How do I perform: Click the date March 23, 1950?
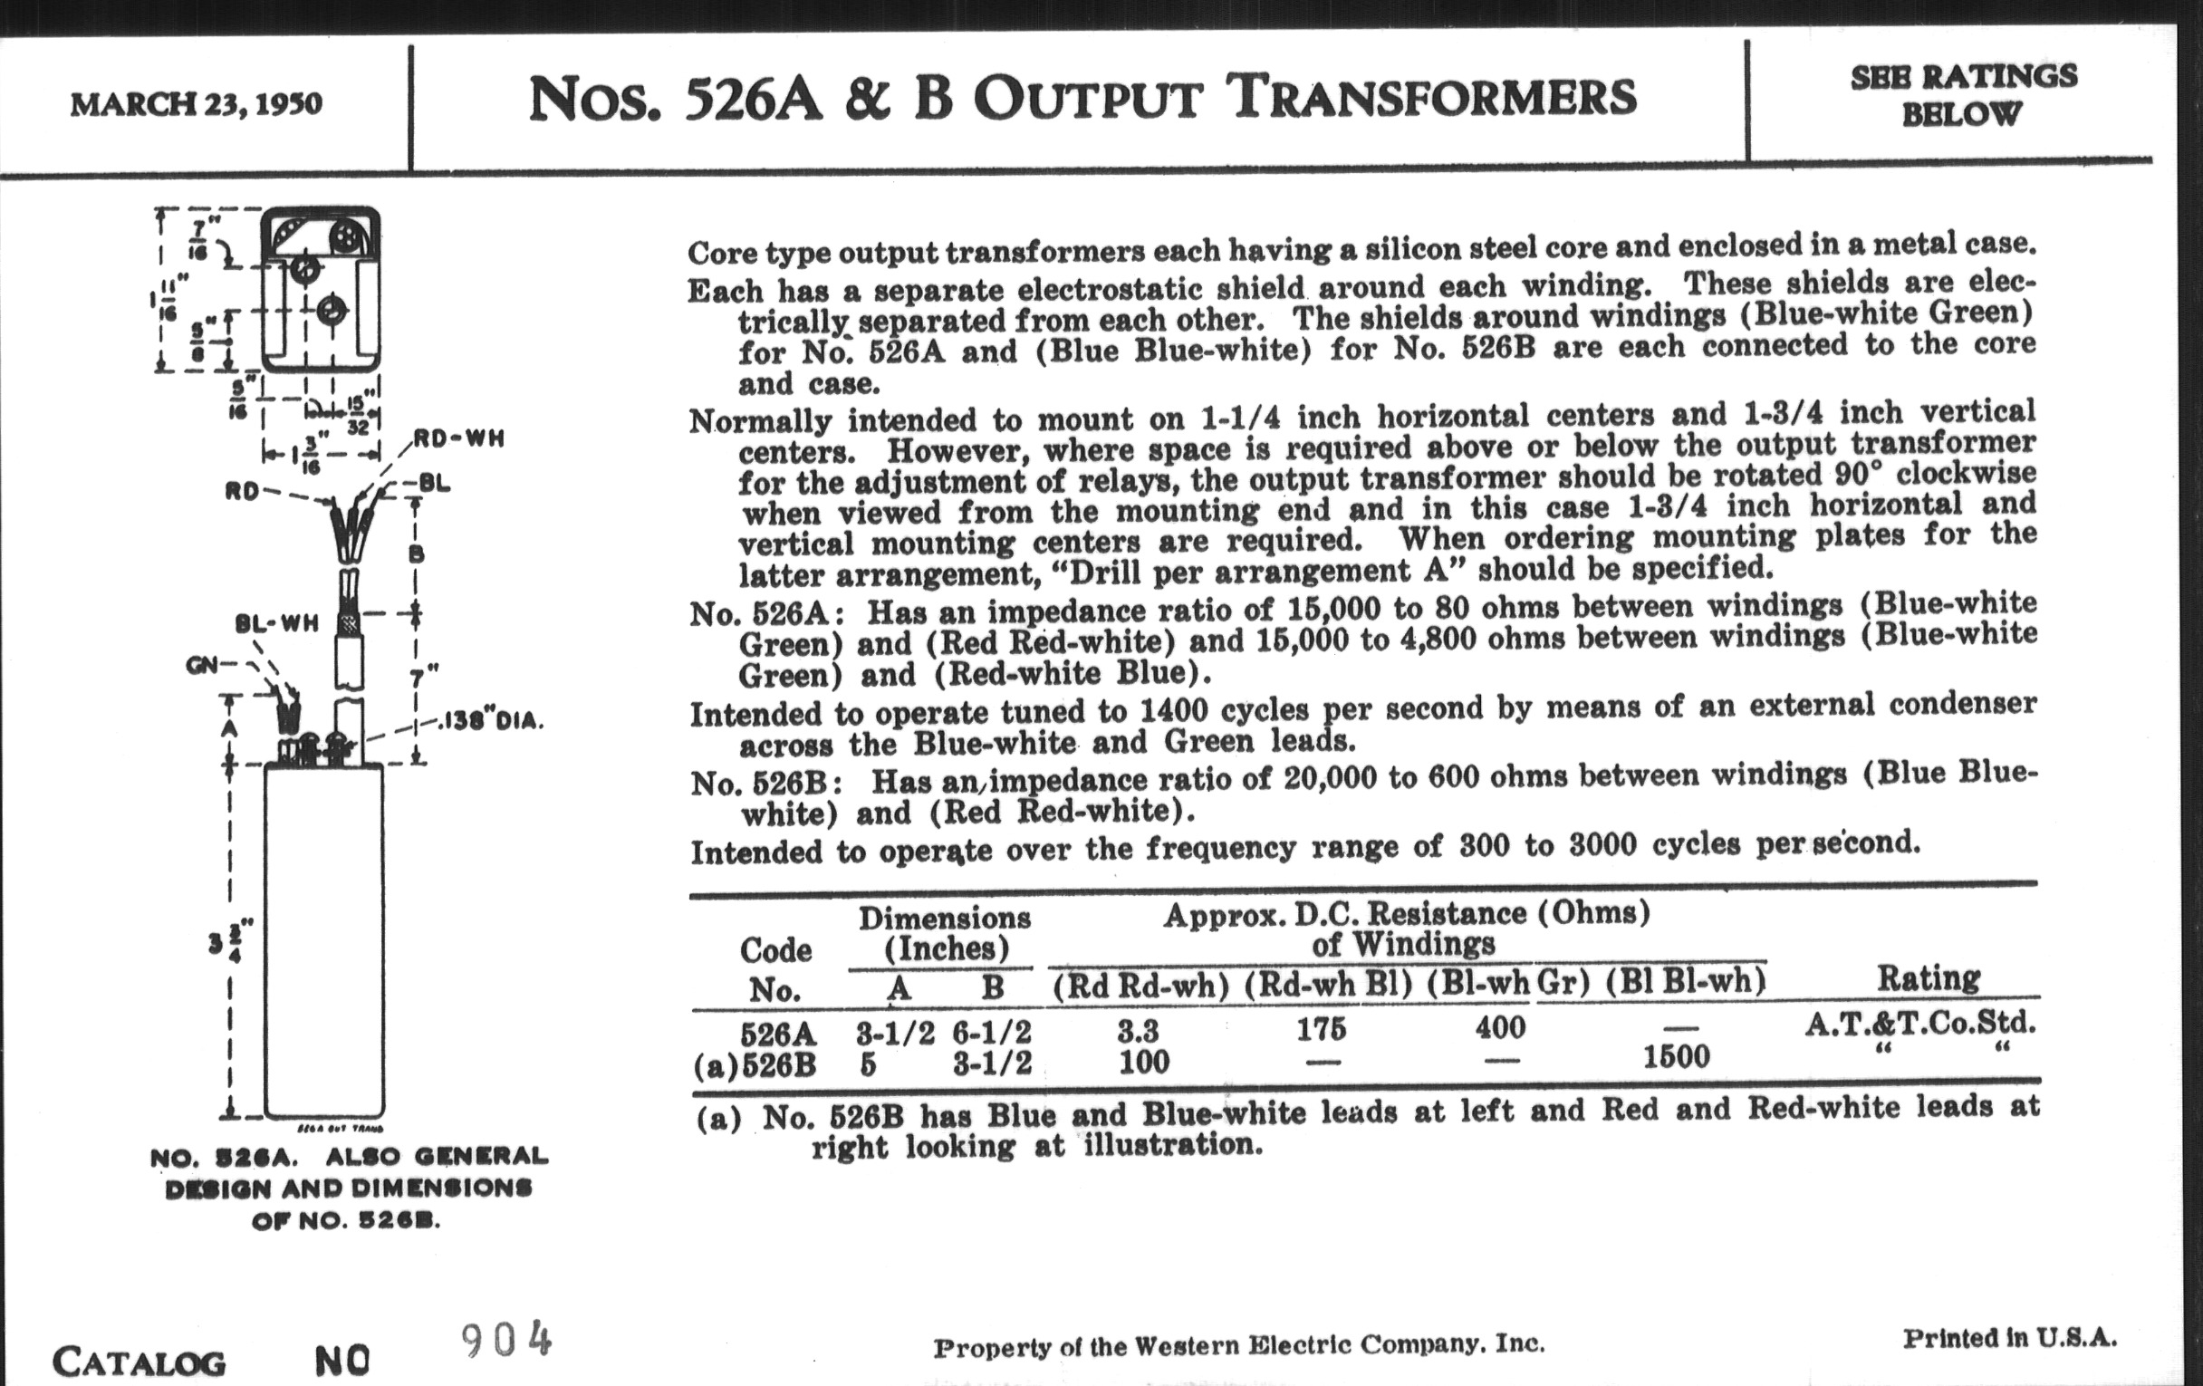pos(196,103)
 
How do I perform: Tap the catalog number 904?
pos(507,1342)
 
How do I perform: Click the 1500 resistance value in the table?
pos(1676,1056)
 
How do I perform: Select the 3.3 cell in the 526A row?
pos(1137,1031)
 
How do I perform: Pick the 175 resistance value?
pos(1321,1029)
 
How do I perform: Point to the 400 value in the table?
pos(1499,1027)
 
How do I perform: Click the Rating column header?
pos(1929,978)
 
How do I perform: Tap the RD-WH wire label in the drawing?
pos(459,438)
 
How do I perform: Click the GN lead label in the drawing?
pos(201,665)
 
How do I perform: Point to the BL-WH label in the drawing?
pos(276,624)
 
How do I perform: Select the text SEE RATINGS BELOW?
pos(1963,95)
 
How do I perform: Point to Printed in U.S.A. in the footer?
pos(2010,1338)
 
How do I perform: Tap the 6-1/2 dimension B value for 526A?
pos(992,1032)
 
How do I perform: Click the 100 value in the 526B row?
pos(1144,1061)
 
